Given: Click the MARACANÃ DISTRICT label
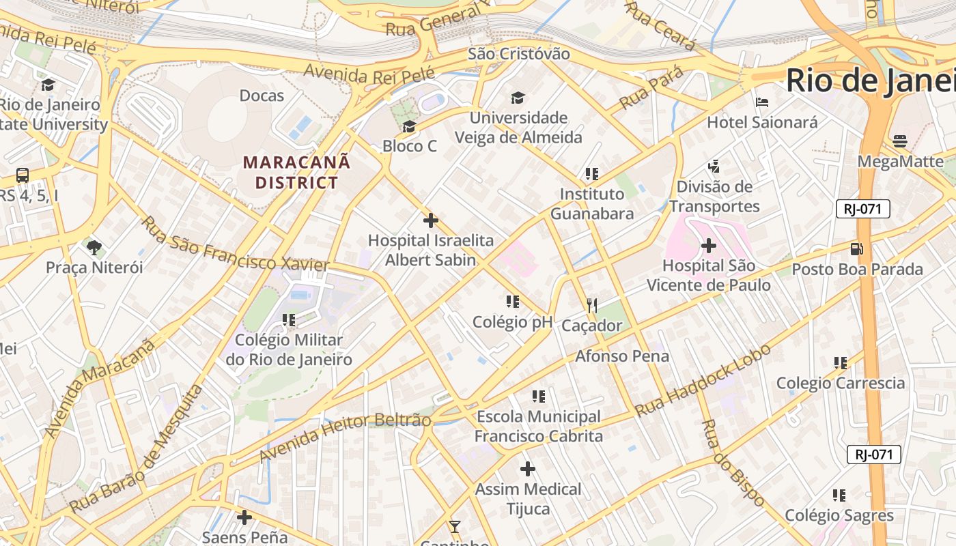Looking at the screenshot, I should tap(296, 172).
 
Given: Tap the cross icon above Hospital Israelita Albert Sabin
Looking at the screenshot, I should tap(431, 220).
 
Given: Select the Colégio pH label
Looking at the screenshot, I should tap(512, 322).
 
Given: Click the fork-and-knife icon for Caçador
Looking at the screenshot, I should tap(592, 306).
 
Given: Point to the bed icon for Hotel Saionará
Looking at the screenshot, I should tap(762, 103).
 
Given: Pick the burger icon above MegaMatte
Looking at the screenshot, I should tap(900, 141).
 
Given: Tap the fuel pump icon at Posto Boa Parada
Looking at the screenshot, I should tap(857, 249).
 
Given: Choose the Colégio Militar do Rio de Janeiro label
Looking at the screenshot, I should tap(289, 349).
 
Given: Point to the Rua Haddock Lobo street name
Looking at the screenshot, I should tap(703, 380).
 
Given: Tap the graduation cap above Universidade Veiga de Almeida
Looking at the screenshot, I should tap(518, 98).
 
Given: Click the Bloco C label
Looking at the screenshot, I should tap(410, 145).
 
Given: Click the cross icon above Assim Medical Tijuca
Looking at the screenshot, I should tap(528, 469).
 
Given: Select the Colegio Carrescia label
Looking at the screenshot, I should tap(841, 383).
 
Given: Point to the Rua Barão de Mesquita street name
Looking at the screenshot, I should tap(137, 449).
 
